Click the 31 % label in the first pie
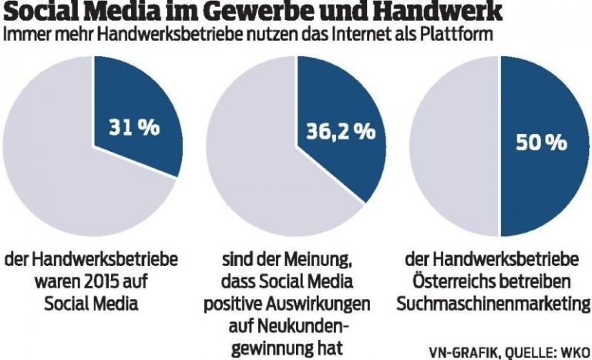(134, 127)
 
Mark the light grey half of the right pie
(455, 146)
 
